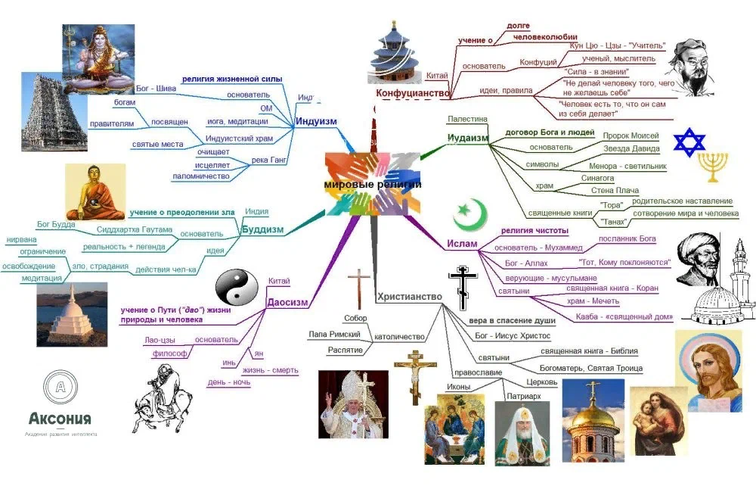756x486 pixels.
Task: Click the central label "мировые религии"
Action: pyautogui.click(x=373, y=184)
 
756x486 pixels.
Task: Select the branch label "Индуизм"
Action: pyautogui.click(x=316, y=121)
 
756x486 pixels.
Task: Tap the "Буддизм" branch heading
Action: pyautogui.click(x=262, y=229)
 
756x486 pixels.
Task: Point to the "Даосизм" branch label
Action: pyautogui.click(x=287, y=303)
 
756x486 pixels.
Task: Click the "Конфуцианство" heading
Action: pyautogui.click(x=413, y=93)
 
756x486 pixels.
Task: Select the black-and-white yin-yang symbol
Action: pyautogui.click(x=231, y=288)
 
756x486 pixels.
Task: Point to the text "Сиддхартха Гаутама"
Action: pyautogui.click(x=135, y=229)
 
